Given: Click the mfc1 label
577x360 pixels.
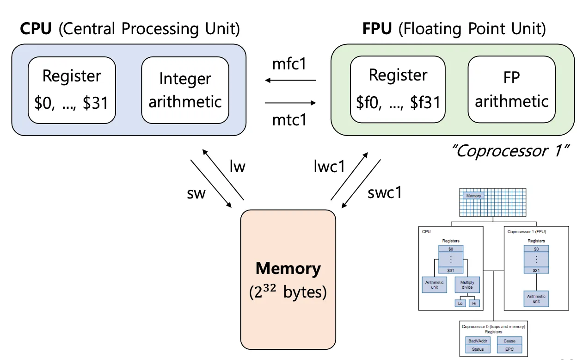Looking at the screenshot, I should pyautogui.click(x=289, y=64).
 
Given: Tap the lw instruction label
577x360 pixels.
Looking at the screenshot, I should pyautogui.click(x=237, y=166).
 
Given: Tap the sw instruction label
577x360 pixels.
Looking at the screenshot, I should pyautogui.click(x=196, y=193).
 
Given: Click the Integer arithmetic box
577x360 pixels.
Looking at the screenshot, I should pyautogui.click(x=185, y=90).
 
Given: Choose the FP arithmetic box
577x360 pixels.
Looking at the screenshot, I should pyautogui.click(x=512, y=90).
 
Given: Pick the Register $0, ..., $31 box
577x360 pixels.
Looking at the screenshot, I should pyautogui.click(x=72, y=90).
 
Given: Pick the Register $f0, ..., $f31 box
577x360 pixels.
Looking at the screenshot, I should pyautogui.click(x=398, y=90).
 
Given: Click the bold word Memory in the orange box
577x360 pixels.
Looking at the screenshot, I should pyautogui.click(x=288, y=269).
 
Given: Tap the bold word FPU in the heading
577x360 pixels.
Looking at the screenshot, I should pyautogui.click(x=376, y=29).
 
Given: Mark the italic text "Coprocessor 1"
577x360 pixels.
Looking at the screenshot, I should pyautogui.click(x=511, y=151).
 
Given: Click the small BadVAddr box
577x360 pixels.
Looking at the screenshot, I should pyautogui.click(x=478, y=341).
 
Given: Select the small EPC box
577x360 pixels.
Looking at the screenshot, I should pyautogui.click(x=509, y=349).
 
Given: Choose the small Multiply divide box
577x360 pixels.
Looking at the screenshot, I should pyautogui.click(x=467, y=285).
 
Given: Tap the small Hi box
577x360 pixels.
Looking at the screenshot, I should pyautogui.click(x=474, y=304).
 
